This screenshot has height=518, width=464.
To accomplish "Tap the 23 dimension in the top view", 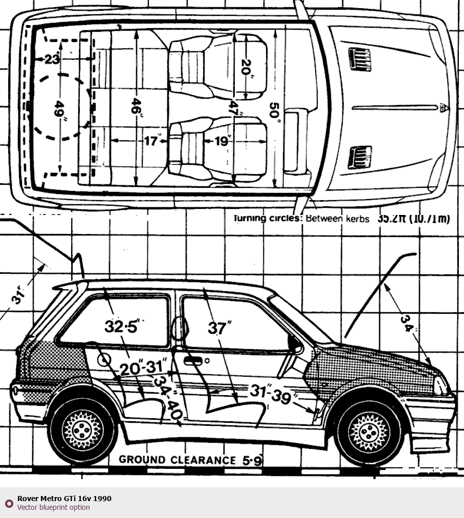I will pyautogui.click(x=52, y=59).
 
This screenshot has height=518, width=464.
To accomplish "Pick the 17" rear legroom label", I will pyautogui.click(x=152, y=141).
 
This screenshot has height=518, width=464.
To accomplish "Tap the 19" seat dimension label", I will pyautogui.click(x=222, y=141).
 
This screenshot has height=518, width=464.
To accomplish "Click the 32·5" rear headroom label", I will pyautogui.click(x=121, y=326).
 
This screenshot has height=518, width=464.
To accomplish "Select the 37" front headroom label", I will pyautogui.click(x=219, y=328).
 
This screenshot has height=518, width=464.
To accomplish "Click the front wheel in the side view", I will pyautogui.click(x=369, y=430).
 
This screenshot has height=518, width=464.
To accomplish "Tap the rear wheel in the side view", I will pyautogui.click(x=82, y=430).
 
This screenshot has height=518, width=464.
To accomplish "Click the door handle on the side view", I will pyautogui.click(x=193, y=361).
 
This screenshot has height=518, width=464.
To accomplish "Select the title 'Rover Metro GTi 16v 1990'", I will pyautogui.click(x=64, y=499).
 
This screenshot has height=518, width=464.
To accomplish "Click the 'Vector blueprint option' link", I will pyautogui.click(x=53, y=507).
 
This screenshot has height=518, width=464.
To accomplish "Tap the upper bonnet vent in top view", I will pyautogui.click(x=360, y=59).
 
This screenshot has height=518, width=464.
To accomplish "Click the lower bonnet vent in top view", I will pyautogui.click(x=360, y=157).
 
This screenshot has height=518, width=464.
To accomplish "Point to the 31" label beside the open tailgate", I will pyautogui.click(x=19, y=296).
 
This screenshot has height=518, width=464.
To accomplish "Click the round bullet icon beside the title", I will pyautogui.click(x=9, y=503).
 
